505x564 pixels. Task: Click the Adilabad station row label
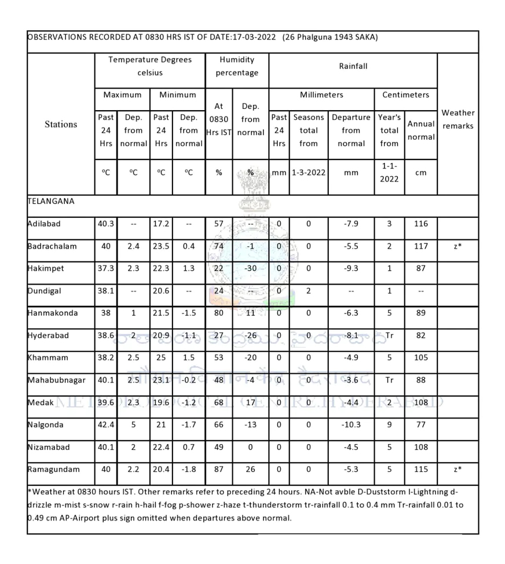44,224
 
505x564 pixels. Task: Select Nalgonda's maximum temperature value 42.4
105,425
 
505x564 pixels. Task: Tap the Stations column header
61,124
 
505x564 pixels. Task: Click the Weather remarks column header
458,119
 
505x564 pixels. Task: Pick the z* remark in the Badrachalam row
458,246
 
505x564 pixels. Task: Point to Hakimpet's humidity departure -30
250,268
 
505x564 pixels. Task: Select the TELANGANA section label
51,201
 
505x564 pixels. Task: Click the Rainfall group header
353,66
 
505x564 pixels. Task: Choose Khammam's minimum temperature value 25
161,358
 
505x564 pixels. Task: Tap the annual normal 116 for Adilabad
420,224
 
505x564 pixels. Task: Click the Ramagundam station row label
53,470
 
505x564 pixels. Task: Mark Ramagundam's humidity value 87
218,470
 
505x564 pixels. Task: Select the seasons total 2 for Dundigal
308,291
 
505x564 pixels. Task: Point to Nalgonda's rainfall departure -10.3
351,425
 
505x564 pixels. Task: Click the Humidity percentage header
237,66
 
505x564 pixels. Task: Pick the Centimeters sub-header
405,94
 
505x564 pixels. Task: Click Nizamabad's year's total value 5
389,447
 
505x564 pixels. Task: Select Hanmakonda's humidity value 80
218,313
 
